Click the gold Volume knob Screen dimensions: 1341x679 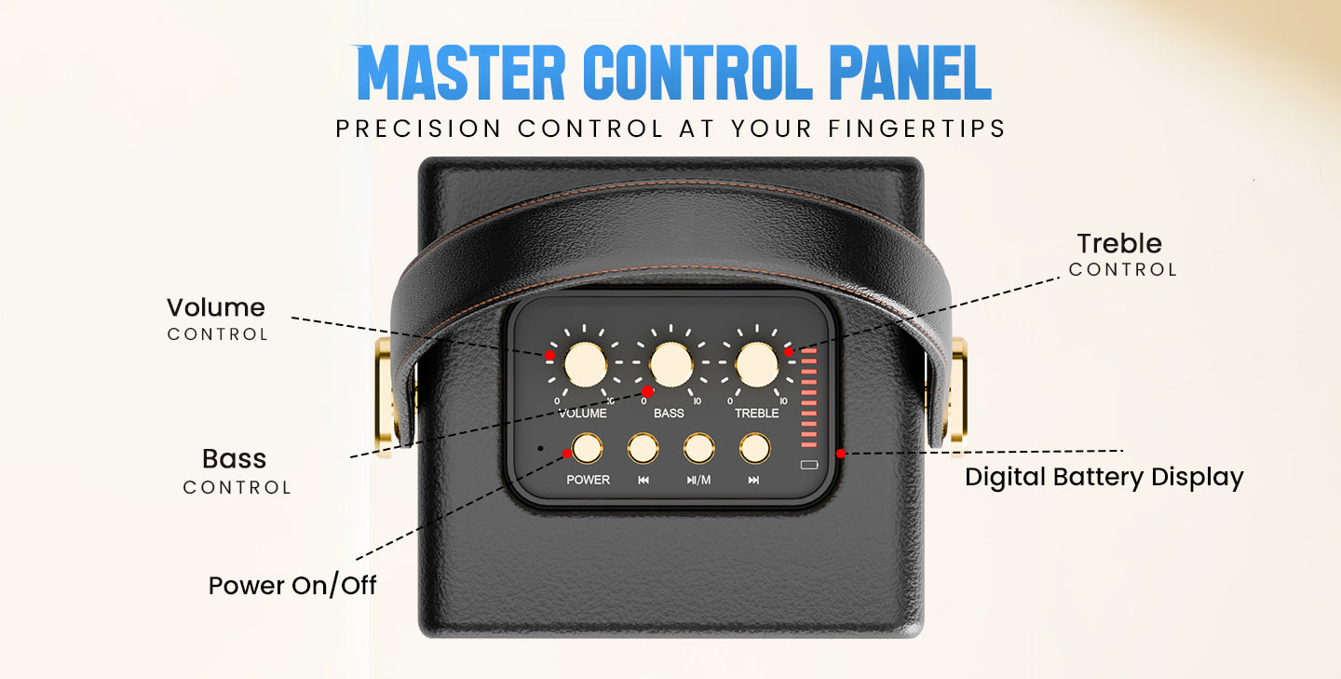(585, 365)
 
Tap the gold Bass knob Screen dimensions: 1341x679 (670, 365)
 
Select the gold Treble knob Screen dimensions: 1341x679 (757, 365)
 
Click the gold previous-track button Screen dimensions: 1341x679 (643, 449)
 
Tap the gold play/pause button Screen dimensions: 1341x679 (698, 449)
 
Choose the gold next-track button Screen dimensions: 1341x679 (754, 449)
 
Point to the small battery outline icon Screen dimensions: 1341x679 (808, 465)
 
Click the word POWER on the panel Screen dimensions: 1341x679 (588, 480)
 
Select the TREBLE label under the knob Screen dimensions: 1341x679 (757, 414)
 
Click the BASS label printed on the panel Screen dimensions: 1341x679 (669, 414)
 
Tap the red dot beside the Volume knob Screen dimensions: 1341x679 (549, 356)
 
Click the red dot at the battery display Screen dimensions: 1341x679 (841, 454)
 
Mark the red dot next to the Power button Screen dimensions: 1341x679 (567, 454)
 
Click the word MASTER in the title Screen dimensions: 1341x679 (460, 73)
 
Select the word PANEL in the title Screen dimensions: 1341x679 (910, 73)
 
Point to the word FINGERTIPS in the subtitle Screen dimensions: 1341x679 (916, 129)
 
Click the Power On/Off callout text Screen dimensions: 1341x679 (292, 585)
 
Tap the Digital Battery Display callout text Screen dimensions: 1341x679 (1104, 478)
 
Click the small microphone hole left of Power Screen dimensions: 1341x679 (540, 448)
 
